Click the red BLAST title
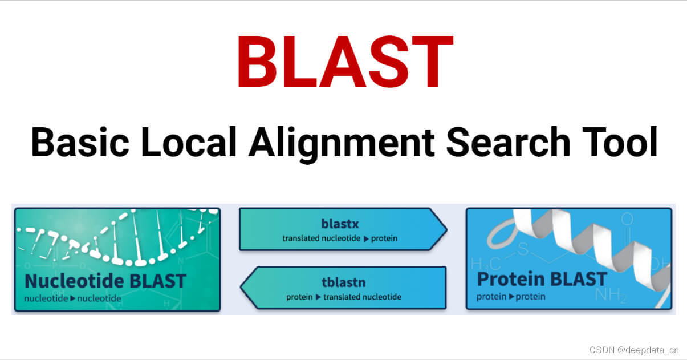coord(344,62)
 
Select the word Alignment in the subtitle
coord(341,144)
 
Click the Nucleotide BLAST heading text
coord(105,281)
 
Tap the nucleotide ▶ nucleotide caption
coord(72,298)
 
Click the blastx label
coord(340,224)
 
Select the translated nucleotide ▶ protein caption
coord(340,238)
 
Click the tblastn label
coord(343,282)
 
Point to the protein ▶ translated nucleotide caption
coord(343,297)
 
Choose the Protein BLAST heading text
coord(542,279)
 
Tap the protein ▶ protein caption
coord(511,297)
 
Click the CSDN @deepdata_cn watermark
coord(634,350)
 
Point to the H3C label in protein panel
coord(485,264)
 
